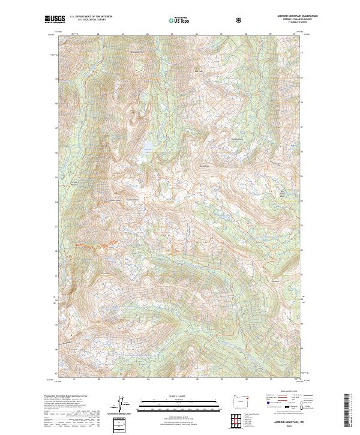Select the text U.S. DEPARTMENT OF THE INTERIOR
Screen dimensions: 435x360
pyautogui.click(x=91, y=16)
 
